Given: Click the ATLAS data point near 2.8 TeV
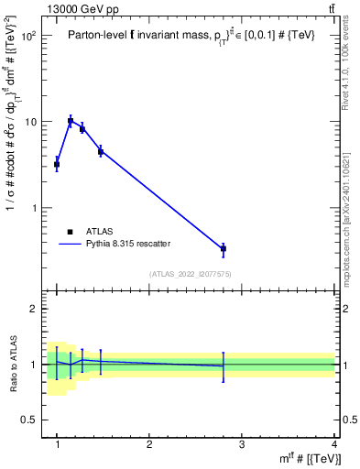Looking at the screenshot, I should (224, 248).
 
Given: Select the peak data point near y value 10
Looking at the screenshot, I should (71, 120).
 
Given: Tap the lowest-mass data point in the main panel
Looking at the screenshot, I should (57, 165).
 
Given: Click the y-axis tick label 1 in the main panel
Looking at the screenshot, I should (36, 208).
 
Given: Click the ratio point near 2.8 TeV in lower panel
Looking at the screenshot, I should (224, 366).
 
